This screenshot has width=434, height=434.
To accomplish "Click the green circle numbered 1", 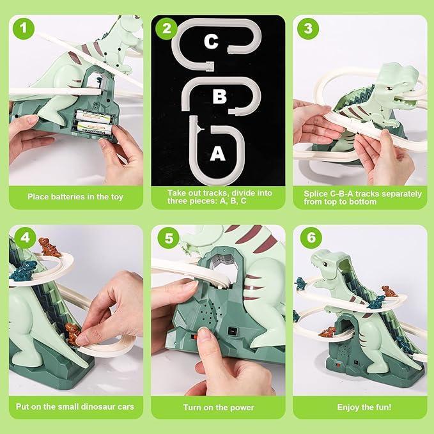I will (x=24, y=29).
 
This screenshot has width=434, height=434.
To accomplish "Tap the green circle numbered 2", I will (x=167, y=29).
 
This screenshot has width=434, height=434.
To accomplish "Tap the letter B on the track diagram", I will (x=219, y=97).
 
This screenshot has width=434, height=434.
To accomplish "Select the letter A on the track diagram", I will (x=217, y=153).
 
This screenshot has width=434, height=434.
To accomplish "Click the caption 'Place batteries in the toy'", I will (x=75, y=197).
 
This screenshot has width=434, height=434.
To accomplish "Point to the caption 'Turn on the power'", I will (x=219, y=407).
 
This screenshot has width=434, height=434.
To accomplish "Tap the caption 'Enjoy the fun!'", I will (x=361, y=407).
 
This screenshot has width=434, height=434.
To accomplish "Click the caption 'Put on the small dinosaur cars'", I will (x=75, y=407).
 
